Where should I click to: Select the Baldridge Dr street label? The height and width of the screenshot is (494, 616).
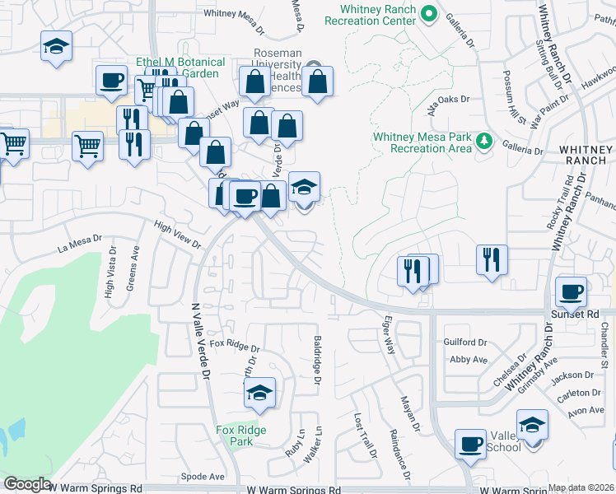(x=316, y=358)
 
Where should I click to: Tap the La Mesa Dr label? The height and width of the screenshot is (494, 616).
(x=80, y=245)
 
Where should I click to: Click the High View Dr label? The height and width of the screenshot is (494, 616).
(x=177, y=235)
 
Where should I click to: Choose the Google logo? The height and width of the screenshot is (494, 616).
(x=26, y=484)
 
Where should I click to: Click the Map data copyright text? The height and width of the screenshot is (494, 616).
(x=581, y=487)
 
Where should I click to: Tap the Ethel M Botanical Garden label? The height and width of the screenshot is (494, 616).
(x=181, y=68)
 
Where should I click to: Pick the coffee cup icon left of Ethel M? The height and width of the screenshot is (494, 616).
(x=111, y=81)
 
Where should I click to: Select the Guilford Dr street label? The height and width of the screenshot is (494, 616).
(x=466, y=343)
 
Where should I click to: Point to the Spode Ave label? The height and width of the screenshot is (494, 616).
(x=203, y=476)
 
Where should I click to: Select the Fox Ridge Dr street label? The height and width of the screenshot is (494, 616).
(x=229, y=343)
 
